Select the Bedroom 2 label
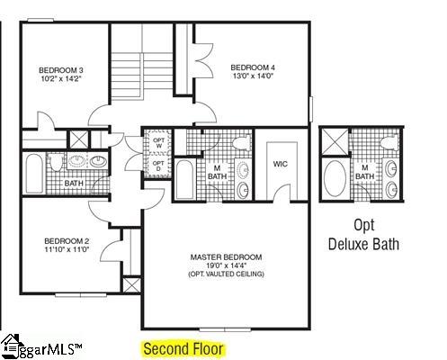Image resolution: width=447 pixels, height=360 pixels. click(67, 241)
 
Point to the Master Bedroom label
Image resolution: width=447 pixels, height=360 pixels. click(226, 257)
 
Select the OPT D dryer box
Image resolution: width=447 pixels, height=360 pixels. click(158, 166)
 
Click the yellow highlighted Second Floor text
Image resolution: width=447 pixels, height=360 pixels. click(183, 347)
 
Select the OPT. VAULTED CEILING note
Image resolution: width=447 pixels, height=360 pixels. click(226, 274)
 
